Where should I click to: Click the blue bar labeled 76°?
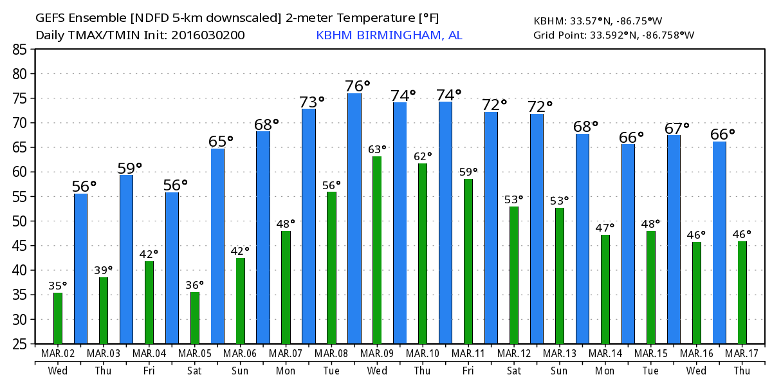354,219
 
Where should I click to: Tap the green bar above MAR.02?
58,318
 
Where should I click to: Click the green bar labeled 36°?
195,318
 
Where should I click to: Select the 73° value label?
311,102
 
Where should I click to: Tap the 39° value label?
103,270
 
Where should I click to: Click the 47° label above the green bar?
605,227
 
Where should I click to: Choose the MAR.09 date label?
377,354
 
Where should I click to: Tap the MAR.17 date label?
742,354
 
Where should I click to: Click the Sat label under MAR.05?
195,371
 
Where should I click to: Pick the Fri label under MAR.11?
468,371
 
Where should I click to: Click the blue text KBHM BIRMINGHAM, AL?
389,35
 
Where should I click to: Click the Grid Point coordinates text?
614,35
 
